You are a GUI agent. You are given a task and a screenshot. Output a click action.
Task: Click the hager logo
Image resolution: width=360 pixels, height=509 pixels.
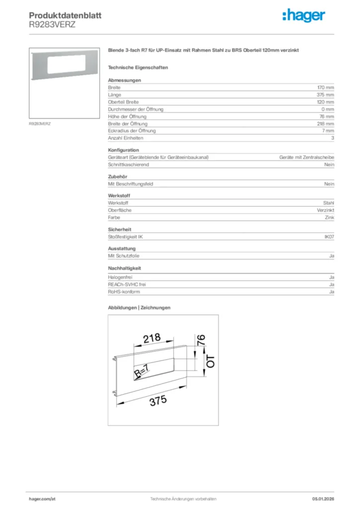304,16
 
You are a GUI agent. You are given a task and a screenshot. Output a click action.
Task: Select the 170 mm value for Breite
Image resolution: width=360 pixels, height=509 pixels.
326,87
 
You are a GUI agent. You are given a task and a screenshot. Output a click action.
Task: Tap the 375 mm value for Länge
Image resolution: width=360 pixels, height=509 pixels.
326,94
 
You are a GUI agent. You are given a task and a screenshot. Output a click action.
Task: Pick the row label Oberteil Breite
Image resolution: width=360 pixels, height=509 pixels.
124,102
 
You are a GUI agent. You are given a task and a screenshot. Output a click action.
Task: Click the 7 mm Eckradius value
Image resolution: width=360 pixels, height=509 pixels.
328,131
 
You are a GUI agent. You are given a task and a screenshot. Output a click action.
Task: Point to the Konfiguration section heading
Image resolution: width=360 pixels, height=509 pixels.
123,150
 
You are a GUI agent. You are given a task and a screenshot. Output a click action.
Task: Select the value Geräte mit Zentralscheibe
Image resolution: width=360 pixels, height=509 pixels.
306,157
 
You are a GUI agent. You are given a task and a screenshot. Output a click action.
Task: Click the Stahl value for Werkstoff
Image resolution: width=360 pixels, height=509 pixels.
328,203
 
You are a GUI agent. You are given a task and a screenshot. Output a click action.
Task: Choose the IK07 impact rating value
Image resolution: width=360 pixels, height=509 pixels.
329,237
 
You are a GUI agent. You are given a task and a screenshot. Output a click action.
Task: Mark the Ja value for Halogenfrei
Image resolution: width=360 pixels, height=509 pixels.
331,277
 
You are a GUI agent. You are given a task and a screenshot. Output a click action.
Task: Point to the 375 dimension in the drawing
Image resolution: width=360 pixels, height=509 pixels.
158,401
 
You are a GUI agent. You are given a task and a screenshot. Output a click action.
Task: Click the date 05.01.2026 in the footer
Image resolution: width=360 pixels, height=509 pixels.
323,499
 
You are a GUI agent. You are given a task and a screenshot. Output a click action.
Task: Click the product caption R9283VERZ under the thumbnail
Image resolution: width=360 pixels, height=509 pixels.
40,123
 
